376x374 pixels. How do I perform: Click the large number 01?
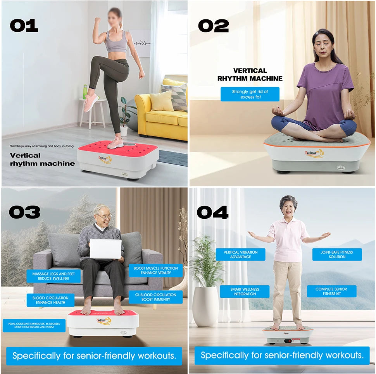tap(24, 26)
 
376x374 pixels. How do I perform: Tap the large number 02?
tap(213, 26)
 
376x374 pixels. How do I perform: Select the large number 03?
tap(24, 212)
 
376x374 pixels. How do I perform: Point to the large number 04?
tap(212, 212)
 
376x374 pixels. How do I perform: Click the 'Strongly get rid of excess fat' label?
tap(250, 94)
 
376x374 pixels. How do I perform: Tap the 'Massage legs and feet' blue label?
tap(53, 276)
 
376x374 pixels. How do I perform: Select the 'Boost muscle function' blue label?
tap(155, 270)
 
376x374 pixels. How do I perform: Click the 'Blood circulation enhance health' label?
tap(50, 300)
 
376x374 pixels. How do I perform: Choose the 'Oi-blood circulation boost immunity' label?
tap(155, 297)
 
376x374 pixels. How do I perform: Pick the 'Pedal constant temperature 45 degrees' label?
tap(34, 325)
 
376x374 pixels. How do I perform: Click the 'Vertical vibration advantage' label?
tap(240, 254)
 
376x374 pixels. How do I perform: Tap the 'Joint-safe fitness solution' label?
tap(337, 254)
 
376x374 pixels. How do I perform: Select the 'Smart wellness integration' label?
tap(244, 292)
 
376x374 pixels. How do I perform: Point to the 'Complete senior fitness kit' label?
tap(331, 292)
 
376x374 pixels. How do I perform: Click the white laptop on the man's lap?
tap(105, 249)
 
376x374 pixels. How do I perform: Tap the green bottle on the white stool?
tap(85, 92)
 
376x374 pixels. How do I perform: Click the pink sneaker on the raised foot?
tap(91, 103)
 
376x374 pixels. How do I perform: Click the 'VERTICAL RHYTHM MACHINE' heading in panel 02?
tap(250, 74)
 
